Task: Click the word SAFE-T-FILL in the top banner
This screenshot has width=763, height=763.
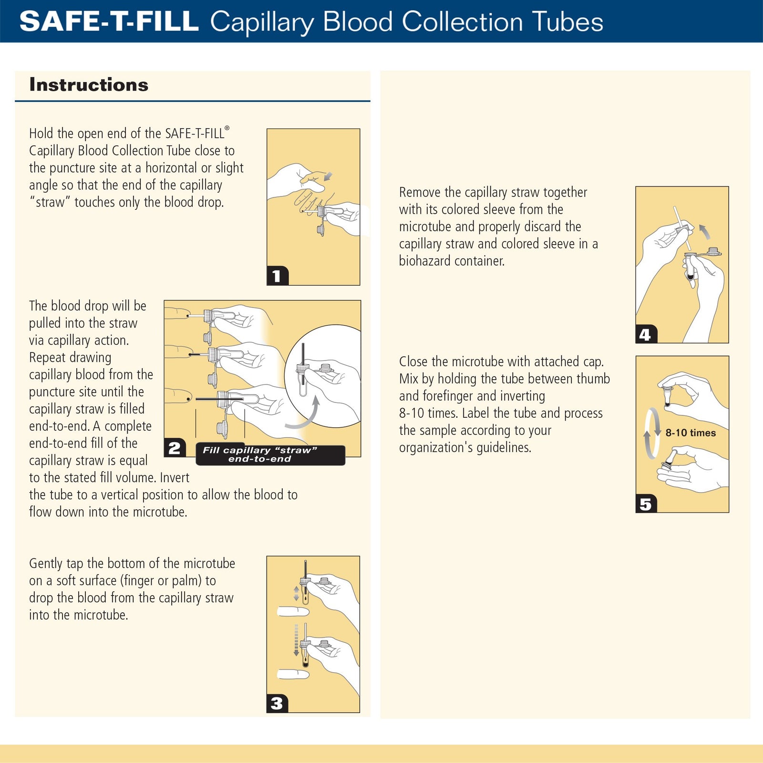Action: click(x=109, y=21)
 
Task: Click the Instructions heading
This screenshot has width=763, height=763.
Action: click(x=89, y=85)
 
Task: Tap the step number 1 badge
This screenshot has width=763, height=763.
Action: click(x=277, y=276)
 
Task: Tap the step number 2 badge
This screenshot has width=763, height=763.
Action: click(x=175, y=448)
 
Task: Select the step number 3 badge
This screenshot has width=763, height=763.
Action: click(x=277, y=703)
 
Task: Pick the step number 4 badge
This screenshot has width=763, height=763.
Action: click(x=646, y=334)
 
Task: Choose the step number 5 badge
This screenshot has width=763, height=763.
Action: click(x=646, y=504)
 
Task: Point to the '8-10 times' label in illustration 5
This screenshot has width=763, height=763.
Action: click(x=691, y=433)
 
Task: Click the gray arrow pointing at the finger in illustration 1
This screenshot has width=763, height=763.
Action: click(x=328, y=176)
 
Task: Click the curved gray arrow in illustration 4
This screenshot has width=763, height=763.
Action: click(x=704, y=232)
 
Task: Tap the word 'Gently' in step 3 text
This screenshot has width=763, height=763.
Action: click(x=46, y=564)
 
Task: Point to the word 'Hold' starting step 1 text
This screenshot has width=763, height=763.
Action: click(x=41, y=134)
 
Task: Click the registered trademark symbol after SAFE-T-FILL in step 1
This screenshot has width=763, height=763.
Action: click(x=227, y=128)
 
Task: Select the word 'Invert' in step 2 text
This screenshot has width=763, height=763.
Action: click(x=174, y=478)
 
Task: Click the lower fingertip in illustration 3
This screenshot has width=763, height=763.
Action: click(x=293, y=674)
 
